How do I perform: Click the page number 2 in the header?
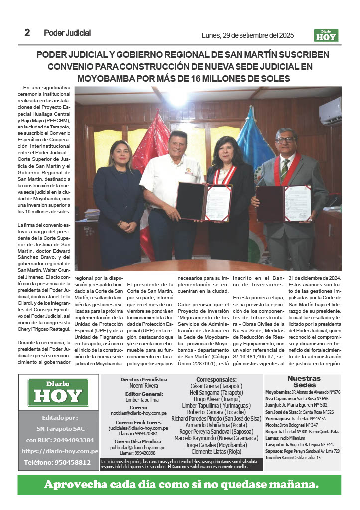point(27,33)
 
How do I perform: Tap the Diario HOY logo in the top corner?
point(326,35)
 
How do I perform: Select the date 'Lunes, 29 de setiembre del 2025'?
point(247,35)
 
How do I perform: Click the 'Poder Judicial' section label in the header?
point(67,33)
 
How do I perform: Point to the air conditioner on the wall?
point(330,111)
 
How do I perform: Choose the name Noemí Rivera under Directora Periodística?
point(144,386)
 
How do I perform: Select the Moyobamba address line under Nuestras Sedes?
point(303,392)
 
